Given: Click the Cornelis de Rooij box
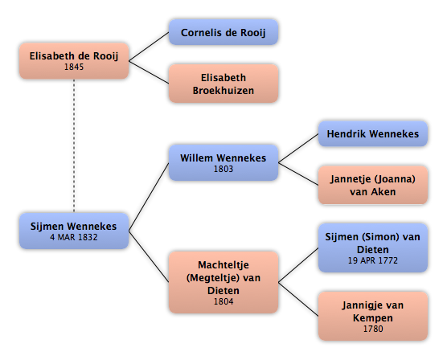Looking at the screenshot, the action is point(223,32).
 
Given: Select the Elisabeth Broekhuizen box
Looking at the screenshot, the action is point(223,84).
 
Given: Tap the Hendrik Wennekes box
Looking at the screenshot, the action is point(372,133).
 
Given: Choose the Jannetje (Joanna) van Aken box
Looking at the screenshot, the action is point(372,185).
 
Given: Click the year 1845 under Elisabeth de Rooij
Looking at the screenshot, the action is point(74,67).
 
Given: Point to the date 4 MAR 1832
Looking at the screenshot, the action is point(74,237).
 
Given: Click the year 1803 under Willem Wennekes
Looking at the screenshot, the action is point(223,169).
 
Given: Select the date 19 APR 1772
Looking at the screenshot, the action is point(372,260).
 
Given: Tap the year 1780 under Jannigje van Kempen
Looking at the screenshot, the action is point(373,329).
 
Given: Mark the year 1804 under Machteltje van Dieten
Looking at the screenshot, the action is point(223,301).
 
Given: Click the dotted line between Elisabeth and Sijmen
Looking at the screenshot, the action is point(74,145).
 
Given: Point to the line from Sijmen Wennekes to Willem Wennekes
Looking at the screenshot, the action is point(149,197).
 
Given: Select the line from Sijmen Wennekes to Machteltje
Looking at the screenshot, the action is point(149,256).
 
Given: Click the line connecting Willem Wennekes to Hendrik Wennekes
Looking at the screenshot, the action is point(298,148).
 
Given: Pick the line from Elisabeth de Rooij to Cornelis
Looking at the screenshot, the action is point(149,47).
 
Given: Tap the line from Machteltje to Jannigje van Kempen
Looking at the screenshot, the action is point(298,299).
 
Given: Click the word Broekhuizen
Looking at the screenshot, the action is point(223,90).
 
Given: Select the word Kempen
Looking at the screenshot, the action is point(373,318).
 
